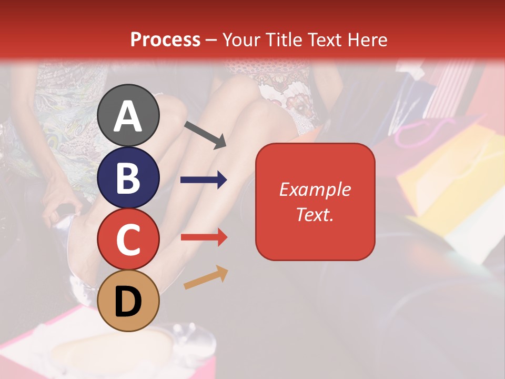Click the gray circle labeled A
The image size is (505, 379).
coord(128,116)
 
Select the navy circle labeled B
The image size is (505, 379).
coord(128,178)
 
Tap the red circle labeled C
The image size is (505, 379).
coord(128,239)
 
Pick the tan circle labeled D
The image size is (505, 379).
coord(128,301)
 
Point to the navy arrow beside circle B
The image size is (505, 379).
coord(204,180)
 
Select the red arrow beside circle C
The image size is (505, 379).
coord(204,237)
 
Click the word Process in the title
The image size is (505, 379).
coord(165,40)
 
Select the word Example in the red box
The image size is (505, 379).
coord(315,189)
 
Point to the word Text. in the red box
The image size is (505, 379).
coord(315,214)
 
